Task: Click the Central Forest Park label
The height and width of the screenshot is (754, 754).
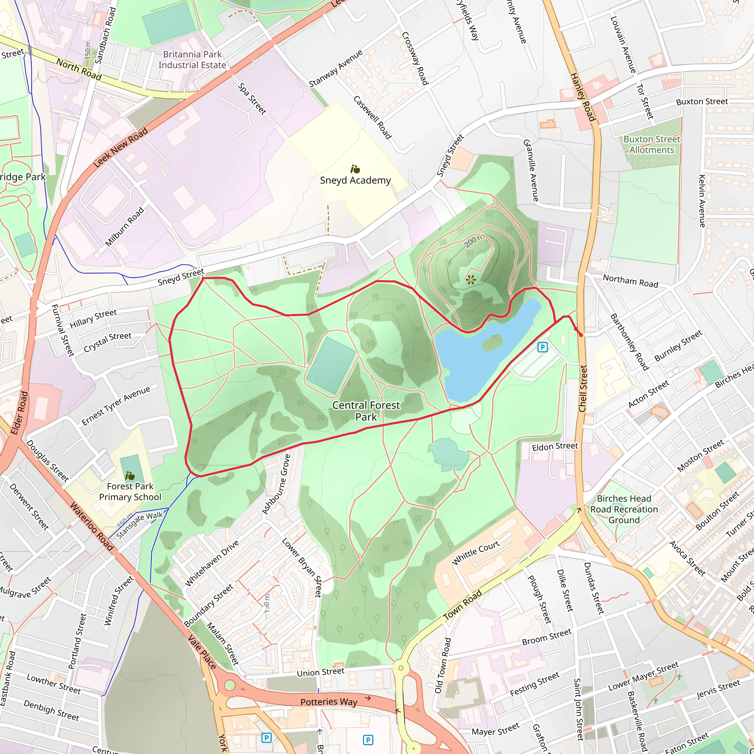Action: tap(366, 411)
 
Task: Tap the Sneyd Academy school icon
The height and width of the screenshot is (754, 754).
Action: tap(355, 169)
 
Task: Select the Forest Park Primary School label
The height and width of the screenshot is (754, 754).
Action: tap(130, 491)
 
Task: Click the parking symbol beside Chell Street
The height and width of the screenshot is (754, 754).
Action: tap(542, 347)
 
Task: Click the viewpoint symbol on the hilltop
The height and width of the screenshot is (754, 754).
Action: tap(471, 279)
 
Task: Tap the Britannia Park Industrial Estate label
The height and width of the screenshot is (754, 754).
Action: tap(192, 60)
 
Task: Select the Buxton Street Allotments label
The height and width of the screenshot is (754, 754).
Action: tap(652, 144)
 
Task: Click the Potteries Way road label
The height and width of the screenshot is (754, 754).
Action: tap(329, 702)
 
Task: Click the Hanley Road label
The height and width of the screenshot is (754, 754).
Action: tap(582, 97)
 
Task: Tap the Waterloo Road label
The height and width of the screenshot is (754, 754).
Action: tap(92, 526)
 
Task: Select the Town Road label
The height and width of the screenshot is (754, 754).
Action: tap(463, 605)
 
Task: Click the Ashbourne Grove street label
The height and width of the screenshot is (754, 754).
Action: tap(276, 484)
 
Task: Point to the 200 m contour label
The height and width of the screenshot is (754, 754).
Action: tap(473, 241)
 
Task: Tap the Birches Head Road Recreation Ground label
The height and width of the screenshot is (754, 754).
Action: tap(624, 509)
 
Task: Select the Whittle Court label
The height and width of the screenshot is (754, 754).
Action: tap(475, 553)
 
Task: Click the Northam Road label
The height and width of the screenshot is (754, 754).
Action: tap(630, 281)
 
